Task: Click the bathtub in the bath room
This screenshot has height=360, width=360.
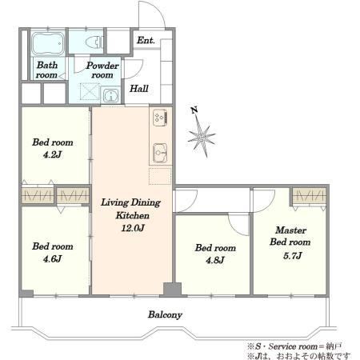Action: [48, 43]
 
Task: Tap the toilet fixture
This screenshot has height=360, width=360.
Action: [94, 42]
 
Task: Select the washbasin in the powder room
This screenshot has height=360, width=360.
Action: [110, 95]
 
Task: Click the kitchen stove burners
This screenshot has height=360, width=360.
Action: [160, 118]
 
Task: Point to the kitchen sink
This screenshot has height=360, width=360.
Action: [160, 153]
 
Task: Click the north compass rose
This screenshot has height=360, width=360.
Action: [202, 136]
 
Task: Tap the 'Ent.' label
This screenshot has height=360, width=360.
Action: [146, 40]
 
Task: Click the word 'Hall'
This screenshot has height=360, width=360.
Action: [139, 89]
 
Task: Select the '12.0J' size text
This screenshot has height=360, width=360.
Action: [133, 228]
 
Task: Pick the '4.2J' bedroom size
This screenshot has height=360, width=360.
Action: [52, 154]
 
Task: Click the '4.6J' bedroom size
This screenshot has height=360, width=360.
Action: [52, 258]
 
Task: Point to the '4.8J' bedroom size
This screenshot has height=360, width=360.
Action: [215, 260]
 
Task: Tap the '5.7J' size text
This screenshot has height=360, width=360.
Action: [292, 256]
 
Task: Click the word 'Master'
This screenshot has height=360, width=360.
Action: [290, 230]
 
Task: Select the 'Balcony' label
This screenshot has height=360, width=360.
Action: [165, 315]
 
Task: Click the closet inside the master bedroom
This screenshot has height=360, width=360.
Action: [310, 196]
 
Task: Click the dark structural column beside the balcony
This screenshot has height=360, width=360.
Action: [172, 289]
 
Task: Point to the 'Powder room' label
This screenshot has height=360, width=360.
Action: [102, 70]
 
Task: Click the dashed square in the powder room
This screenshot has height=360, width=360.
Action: [90, 91]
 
